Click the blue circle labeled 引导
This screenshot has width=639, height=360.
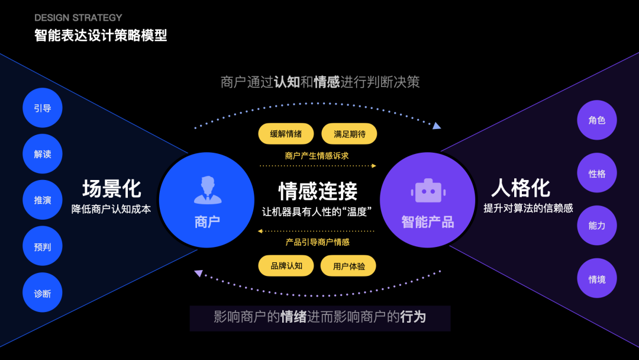(x=43, y=108)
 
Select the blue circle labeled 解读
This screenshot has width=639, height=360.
(x=43, y=154)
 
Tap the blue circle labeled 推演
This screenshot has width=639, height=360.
(x=43, y=200)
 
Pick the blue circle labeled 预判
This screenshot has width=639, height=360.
(x=43, y=246)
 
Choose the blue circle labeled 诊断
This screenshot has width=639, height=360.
(x=43, y=293)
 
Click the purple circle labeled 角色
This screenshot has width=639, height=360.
(x=596, y=120)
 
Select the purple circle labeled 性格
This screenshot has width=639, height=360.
(x=596, y=173)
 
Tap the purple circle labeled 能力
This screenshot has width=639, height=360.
(x=596, y=226)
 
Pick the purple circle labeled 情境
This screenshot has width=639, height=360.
(x=596, y=279)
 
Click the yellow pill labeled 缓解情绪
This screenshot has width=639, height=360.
(x=286, y=134)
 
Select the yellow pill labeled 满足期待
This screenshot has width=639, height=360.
(x=349, y=134)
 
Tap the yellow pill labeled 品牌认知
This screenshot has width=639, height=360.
(x=286, y=266)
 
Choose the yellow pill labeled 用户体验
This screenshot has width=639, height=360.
(x=348, y=266)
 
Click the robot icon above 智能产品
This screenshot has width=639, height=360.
(x=428, y=191)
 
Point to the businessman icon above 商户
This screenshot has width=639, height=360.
(x=207, y=189)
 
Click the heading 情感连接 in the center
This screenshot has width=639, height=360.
(x=318, y=191)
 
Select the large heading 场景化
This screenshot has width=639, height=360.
(x=111, y=189)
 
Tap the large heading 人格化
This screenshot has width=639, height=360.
(x=521, y=188)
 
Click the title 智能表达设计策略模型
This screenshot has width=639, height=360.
(x=101, y=36)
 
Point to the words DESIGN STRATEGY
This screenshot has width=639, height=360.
(x=78, y=18)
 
